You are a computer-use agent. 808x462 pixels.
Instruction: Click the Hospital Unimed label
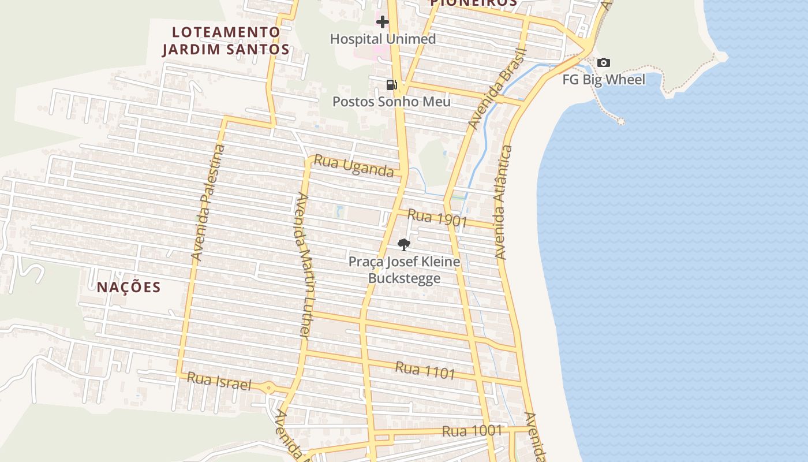[383, 39]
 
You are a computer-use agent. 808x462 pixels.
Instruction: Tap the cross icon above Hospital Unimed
[382, 23]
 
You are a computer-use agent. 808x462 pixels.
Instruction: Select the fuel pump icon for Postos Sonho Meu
[392, 85]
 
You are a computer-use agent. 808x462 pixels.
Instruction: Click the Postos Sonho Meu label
[391, 102]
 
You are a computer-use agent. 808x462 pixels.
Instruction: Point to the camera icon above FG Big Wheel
[604, 63]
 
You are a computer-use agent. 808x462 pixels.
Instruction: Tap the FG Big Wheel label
[604, 79]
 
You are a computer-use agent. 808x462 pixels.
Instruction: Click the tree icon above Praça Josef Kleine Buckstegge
[404, 244]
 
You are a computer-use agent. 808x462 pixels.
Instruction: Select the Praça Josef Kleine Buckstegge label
[404, 270]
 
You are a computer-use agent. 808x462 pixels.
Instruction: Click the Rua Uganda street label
[354, 167]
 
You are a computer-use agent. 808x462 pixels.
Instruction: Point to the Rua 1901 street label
[437, 218]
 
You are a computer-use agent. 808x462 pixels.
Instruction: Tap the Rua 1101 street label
[425, 370]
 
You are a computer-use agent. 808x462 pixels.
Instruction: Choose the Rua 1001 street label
[472, 431]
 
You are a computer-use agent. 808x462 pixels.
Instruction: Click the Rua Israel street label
[219, 381]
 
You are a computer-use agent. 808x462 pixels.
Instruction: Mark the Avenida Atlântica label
[503, 202]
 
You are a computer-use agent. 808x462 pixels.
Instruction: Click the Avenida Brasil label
[497, 89]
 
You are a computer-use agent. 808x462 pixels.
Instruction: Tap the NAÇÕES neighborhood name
[129, 287]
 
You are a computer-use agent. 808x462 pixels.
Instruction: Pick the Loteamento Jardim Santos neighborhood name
[226, 40]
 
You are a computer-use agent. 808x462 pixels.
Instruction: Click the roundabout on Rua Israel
[268, 388]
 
